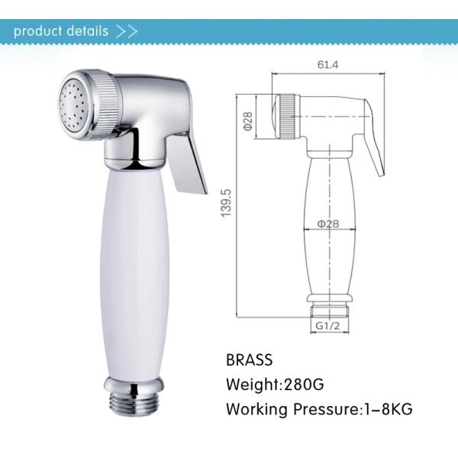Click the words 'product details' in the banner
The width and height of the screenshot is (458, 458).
61,31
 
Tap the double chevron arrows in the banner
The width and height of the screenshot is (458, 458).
127,32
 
